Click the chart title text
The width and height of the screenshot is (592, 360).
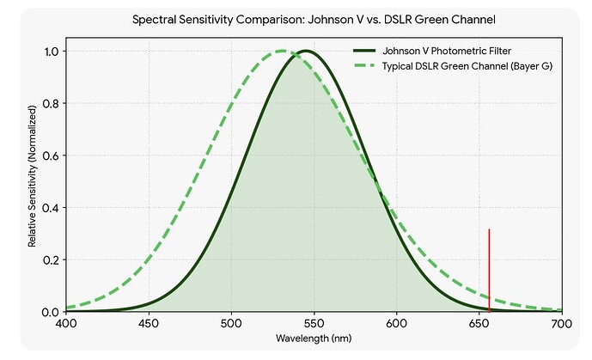point(314,20)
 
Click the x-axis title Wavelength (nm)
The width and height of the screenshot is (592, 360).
point(314,339)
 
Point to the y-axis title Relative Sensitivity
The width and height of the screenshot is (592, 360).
point(32,176)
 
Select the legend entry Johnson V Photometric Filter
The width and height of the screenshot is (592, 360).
point(447,51)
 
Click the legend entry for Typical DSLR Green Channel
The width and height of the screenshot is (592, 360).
point(467,66)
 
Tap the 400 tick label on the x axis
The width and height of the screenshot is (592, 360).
point(66,324)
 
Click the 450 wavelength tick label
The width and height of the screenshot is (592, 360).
point(149,324)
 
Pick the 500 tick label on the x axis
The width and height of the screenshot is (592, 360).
point(231,324)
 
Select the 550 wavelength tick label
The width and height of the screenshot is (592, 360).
point(314,324)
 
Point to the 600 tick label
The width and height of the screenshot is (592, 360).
point(397,324)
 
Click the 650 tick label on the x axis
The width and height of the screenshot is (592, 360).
point(479,324)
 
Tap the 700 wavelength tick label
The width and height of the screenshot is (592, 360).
point(562,324)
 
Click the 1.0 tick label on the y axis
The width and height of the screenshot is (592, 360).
point(52,52)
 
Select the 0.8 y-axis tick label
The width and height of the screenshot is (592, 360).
point(52,103)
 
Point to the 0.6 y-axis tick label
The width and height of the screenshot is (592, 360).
point(52,156)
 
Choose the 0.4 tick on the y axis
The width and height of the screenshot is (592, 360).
point(52,208)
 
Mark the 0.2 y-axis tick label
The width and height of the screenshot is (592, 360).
point(52,259)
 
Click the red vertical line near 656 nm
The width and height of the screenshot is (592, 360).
point(489,271)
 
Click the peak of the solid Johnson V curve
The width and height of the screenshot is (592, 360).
point(306,51)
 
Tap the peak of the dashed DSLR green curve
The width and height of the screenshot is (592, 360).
point(282,51)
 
